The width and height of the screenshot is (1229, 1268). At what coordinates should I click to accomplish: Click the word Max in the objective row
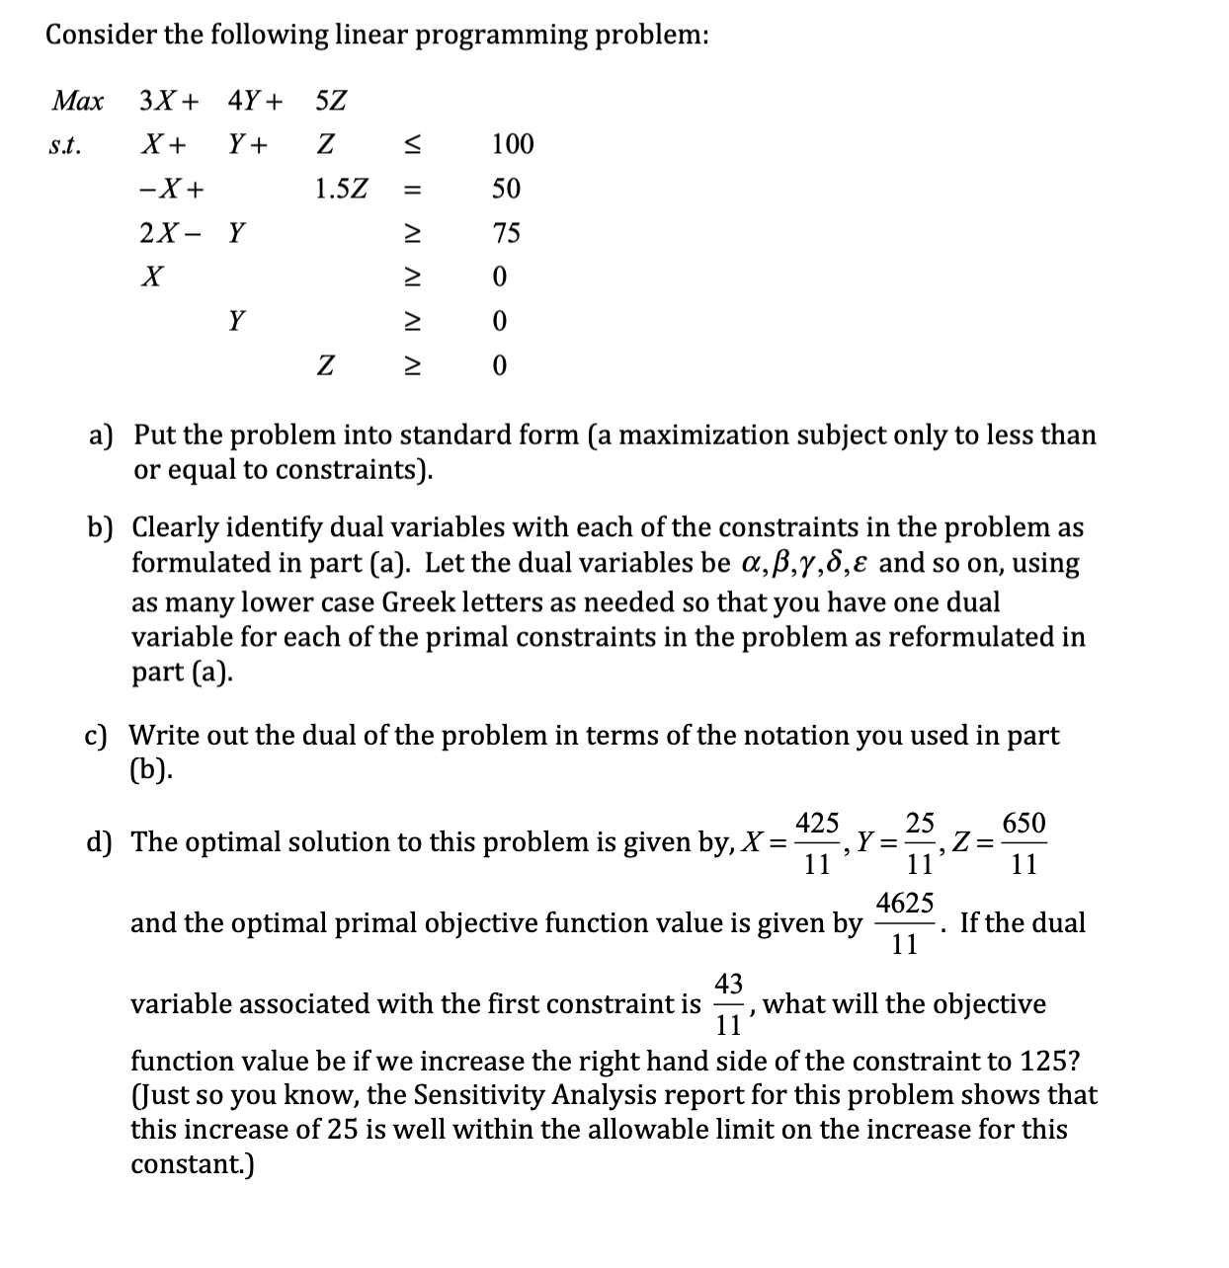tap(77, 101)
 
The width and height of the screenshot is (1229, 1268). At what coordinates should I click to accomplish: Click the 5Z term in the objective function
tap(331, 101)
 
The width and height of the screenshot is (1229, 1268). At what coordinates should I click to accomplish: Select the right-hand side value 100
tap(513, 145)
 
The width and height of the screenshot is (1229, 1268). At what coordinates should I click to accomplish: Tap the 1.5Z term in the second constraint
tap(341, 189)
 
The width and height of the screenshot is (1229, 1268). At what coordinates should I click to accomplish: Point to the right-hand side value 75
tap(507, 234)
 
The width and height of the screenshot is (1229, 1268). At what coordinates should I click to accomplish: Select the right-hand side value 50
tap(506, 189)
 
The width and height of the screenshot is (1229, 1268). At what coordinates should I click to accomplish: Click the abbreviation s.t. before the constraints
tap(66, 146)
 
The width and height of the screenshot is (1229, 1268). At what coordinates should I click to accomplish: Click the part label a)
tap(102, 436)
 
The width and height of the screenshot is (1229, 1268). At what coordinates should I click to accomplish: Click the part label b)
tap(102, 528)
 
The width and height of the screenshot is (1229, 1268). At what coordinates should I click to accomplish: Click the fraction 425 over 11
tap(818, 843)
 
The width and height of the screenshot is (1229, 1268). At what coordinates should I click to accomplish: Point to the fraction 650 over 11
tap(1024, 843)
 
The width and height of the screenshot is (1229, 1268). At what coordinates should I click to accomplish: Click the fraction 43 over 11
tap(729, 1003)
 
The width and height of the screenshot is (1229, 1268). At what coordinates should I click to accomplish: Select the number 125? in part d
tap(1050, 1062)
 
